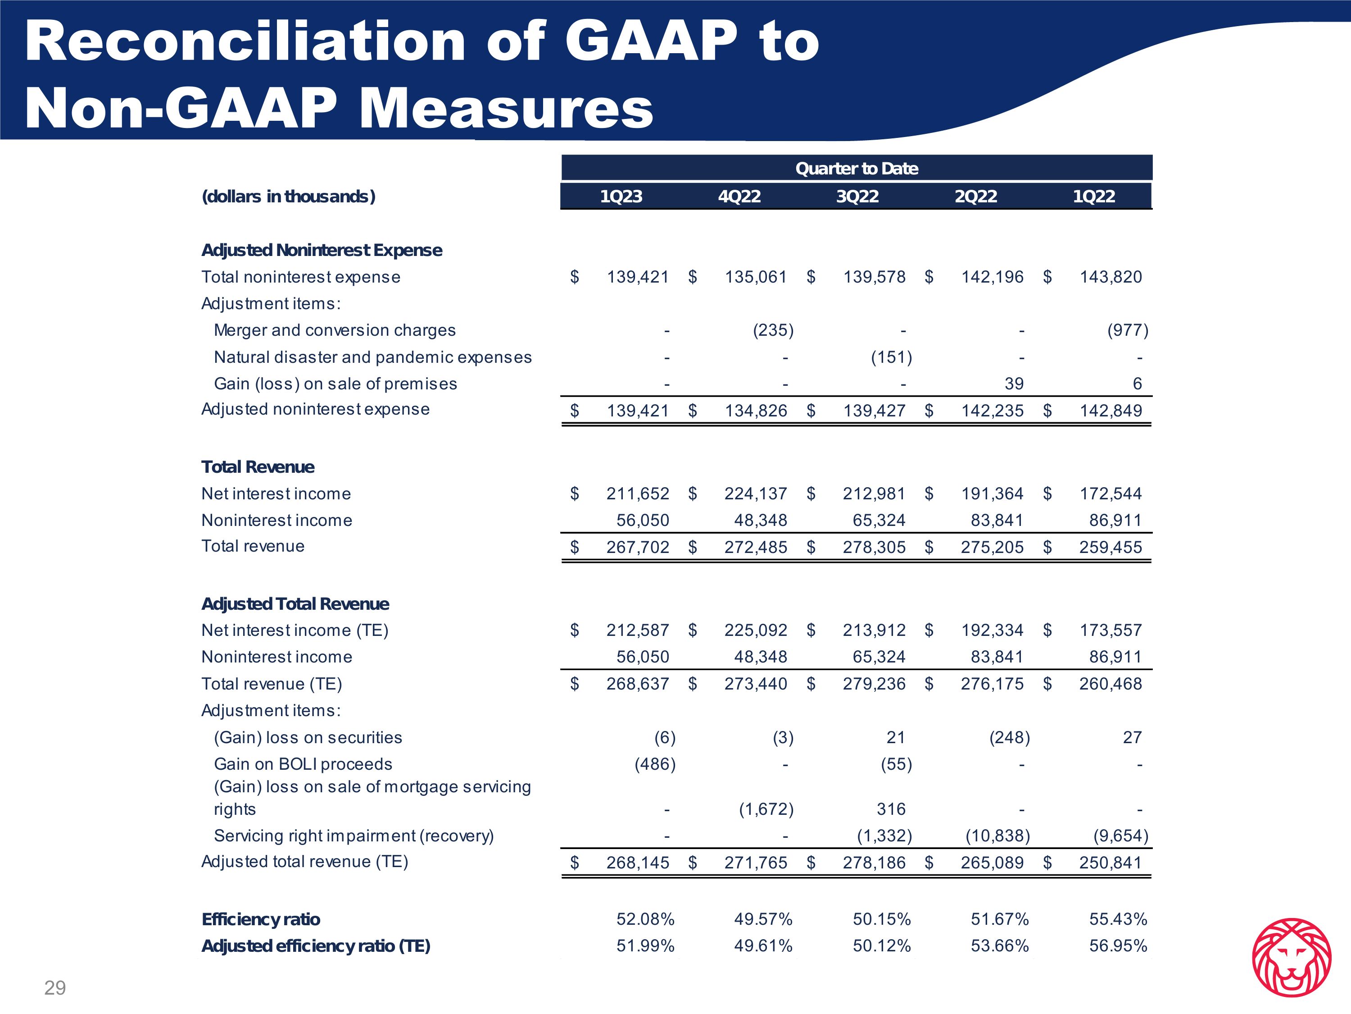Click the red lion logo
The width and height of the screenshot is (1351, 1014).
click(x=1291, y=957)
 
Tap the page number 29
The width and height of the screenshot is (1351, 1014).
click(x=55, y=988)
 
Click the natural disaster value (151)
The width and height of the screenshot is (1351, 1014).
click(x=891, y=357)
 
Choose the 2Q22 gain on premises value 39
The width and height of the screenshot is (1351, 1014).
click(x=1014, y=384)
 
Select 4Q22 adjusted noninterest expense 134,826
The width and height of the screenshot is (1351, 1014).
click(x=756, y=411)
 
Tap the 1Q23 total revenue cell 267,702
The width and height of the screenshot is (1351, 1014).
click(x=638, y=547)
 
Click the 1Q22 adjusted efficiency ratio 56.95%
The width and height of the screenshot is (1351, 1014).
click(x=1118, y=945)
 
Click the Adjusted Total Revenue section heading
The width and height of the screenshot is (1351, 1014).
click(x=295, y=604)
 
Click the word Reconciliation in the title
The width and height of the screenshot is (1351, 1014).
click(x=244, y=41)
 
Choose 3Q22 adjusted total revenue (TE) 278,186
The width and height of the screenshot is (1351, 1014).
click(x=874, y=863)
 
